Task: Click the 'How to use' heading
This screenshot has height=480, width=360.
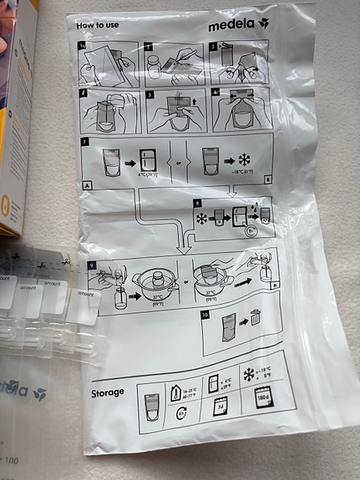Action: pyautogui.click(x=97, y=25)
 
